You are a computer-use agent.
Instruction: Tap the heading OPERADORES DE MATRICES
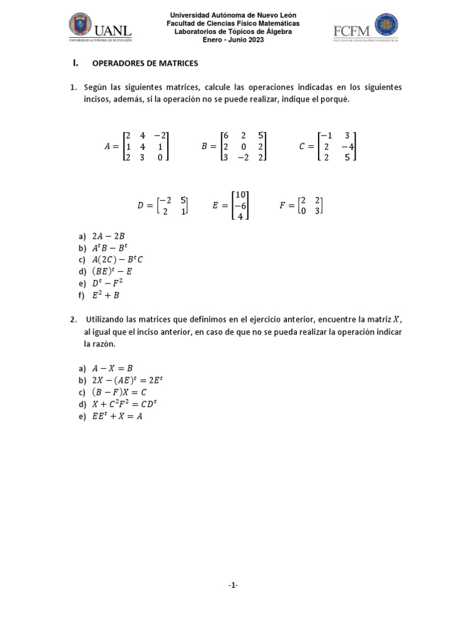pyautogui.click(x=145, y=63)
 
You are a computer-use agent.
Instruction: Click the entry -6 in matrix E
pyautogui.click(x=240, y=206)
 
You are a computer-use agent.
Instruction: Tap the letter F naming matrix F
pyautogui.click(x=283, y=206)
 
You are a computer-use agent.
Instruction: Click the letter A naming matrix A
pyautogui.click(x=108, y=147)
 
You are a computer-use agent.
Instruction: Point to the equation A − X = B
pyautogui.click(x=112, y=368)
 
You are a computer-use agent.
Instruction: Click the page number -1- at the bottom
pyautogui.click(x=233, y=585)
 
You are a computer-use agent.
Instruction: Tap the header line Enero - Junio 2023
pyautogui.click(x=233, y=39)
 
